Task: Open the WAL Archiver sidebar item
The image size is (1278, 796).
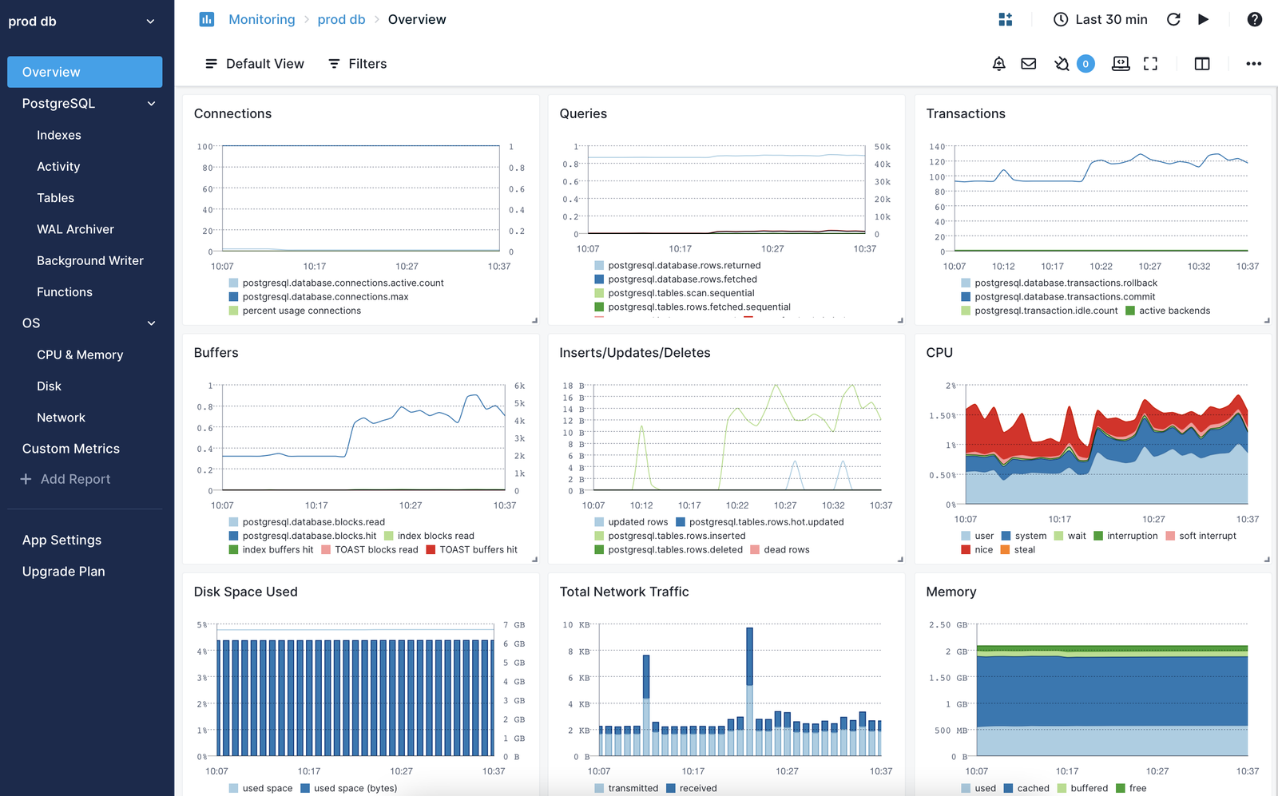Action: click(x=75, y=229)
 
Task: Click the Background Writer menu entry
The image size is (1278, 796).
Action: click(x=89, y=260)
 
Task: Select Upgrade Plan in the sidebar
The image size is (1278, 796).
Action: click(x=63, y=572)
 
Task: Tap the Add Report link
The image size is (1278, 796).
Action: click(x=75, y=479)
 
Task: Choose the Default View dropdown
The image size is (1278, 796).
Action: click(x=255, y=64)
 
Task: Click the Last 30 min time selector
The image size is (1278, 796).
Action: click(x=1101, y=19)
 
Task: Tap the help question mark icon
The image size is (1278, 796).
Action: click(x=1254, y=19)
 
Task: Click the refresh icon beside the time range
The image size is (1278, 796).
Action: click(x=1173, y=19)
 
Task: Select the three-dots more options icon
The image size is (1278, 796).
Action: click(x=1253, y=64)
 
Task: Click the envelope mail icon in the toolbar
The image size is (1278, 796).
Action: click(x=1029, y=64)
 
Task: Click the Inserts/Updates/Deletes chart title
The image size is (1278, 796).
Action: click(x=634, y=353)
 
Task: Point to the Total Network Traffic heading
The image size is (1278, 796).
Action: click(x=624, y=592)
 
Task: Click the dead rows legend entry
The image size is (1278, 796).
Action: click(x=786, y=550)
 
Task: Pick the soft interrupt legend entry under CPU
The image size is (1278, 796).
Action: click(x=1207, y=536)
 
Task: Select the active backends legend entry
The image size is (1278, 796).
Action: click(x=1173, y=311)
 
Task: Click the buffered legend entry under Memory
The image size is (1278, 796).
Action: click(x=1088, y=788)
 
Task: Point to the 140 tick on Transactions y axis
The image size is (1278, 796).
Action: click(x=936, y=147)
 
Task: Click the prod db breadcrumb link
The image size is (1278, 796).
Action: click(x=341, y=19)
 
